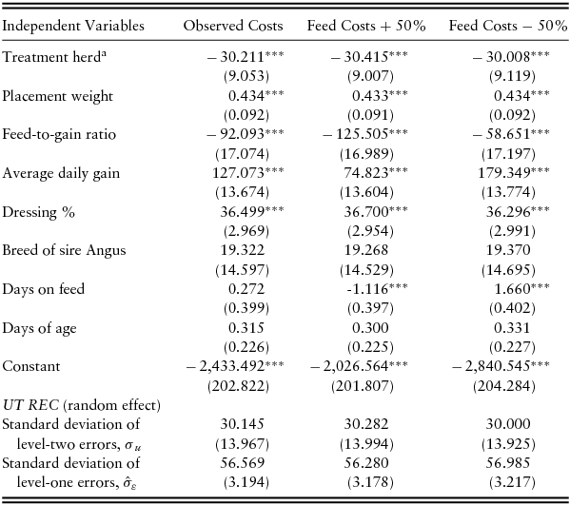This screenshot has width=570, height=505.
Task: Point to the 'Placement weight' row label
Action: (x=57, y=96)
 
